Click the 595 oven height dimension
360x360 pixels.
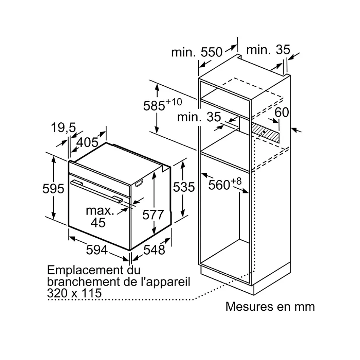(53, 189)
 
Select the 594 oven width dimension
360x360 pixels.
(97, 250)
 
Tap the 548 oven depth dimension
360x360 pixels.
(154, 250)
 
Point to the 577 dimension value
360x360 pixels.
(153, 215)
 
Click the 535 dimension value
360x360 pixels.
(184, 187)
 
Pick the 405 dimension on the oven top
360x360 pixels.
(88, 142)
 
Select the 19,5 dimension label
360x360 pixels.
(63, 128)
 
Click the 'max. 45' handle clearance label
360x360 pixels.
(99, 217)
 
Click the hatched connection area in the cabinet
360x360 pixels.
(265, 132)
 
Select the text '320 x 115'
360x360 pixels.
(74, 293)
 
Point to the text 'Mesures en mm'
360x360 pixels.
(270, 307)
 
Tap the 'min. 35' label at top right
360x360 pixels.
(268, 50)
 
